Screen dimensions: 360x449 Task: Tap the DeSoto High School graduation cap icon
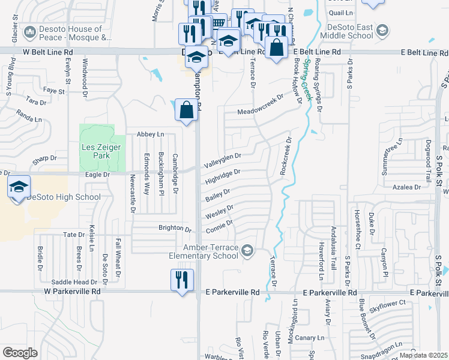19,185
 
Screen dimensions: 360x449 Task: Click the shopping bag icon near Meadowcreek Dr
186,110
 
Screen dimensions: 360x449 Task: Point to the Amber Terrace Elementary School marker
247,250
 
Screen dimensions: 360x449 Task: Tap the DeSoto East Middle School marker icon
381,29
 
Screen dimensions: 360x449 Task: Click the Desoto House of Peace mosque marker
29,33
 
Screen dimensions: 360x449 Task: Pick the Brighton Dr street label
174,229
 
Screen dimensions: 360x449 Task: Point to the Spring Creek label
309,78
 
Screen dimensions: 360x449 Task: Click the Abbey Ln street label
151,134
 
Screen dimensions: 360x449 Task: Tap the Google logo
20,352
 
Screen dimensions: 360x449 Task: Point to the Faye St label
54,91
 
